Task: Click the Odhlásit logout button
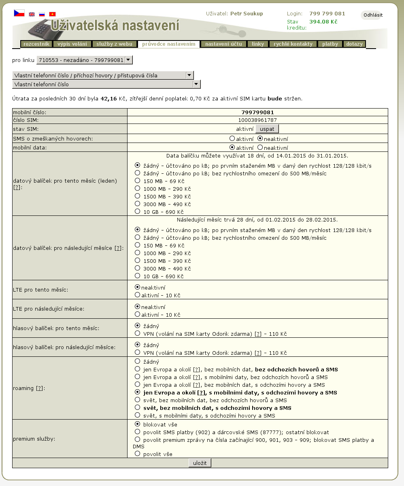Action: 372,15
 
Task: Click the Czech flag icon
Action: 19,13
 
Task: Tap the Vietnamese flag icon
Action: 52,14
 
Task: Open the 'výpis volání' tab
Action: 72,44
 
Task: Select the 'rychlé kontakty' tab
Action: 293,44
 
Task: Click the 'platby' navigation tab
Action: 330,44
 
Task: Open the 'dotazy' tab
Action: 355,44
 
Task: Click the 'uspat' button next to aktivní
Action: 267,129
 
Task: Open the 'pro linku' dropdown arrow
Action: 128,60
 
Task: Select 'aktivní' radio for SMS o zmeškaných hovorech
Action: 232,139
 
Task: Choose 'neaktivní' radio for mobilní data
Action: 260,147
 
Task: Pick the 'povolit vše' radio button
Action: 138,454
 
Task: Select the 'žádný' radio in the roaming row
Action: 138,361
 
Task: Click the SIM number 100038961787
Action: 257,120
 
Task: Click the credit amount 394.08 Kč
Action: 323,22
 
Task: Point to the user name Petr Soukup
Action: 247,14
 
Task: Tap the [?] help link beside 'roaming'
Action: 40,388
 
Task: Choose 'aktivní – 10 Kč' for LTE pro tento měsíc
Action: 138,295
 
